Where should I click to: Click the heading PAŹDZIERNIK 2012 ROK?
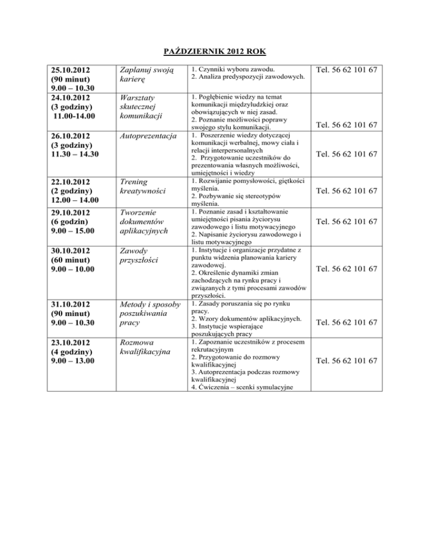point(214,52)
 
